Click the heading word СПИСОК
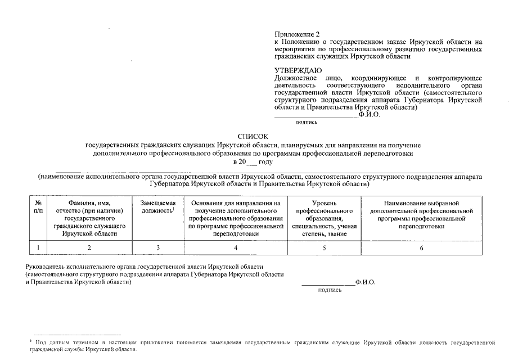[253, 137]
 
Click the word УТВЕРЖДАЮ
[294, 70]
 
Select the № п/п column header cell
[38, 218]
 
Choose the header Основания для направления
[236, 218]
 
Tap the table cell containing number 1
[38, 247]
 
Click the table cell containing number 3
[158, 247]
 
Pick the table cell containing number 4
[236, 247]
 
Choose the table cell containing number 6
[421, 247]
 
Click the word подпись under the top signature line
[307, 121]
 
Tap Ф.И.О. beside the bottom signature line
[365, 282]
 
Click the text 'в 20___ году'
[253, 161]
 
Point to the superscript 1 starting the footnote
[30, 341]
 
